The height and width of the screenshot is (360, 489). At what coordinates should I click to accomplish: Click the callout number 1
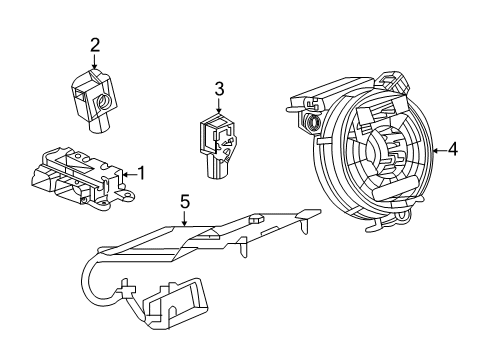tap(141, 173)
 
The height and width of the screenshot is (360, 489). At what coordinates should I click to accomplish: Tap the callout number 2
tap(94, 44)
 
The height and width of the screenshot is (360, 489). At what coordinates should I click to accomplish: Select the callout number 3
tap(218, 90)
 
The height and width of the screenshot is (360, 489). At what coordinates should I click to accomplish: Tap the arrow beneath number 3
tap(218, 108)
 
